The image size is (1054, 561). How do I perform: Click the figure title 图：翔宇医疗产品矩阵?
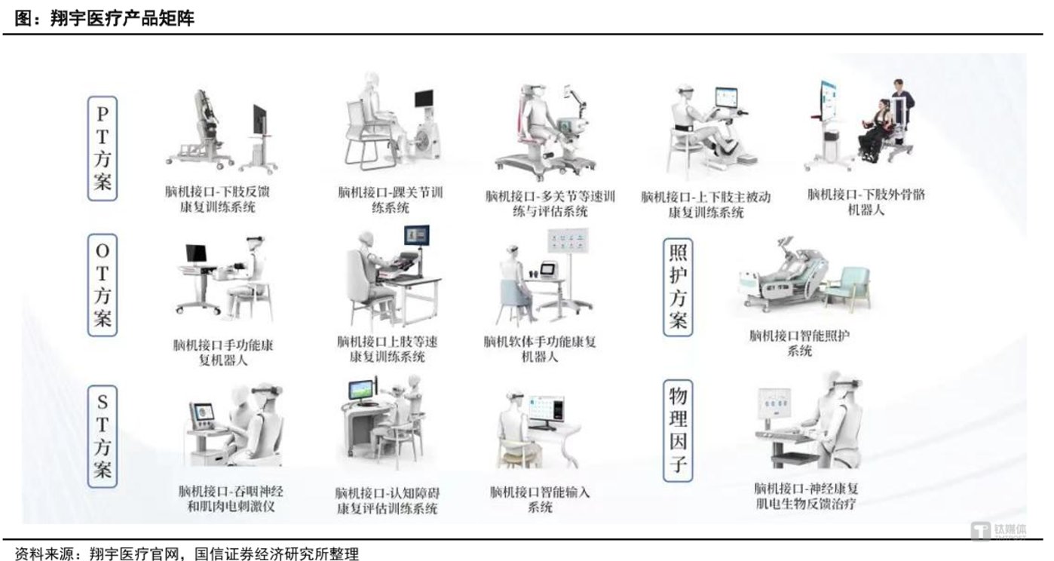pos(105,19)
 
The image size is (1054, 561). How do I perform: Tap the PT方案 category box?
pos(103,148)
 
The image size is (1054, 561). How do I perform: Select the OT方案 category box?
pos(103,285)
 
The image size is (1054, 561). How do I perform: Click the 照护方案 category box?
pos(678,287)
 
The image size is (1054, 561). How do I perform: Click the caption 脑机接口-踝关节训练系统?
pos(390,200)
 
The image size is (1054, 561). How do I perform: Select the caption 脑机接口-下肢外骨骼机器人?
pos(866,202)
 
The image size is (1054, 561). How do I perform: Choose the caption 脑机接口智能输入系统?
pos(540,499)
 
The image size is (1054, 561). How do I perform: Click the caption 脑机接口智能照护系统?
pos(798,343)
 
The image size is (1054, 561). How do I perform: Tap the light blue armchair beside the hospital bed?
pos(847,287)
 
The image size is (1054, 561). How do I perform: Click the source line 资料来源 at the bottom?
pos(187,553)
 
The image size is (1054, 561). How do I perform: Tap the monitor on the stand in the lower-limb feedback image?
pos(259,123)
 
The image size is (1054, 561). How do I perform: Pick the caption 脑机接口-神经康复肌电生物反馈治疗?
pos(806,496)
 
